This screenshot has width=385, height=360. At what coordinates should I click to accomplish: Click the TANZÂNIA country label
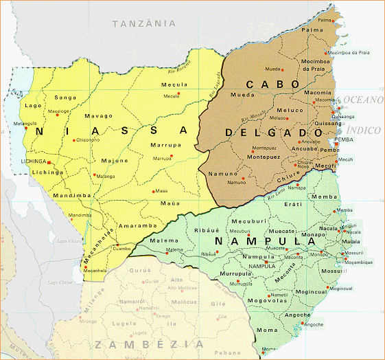(143, 23)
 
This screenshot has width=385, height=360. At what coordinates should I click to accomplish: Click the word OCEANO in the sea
(364, 100)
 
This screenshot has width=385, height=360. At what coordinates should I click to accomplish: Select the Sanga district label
(65, 98)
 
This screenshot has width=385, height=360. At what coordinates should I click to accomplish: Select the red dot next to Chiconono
(72, 140)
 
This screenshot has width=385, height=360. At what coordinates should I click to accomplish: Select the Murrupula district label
(235, 273)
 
